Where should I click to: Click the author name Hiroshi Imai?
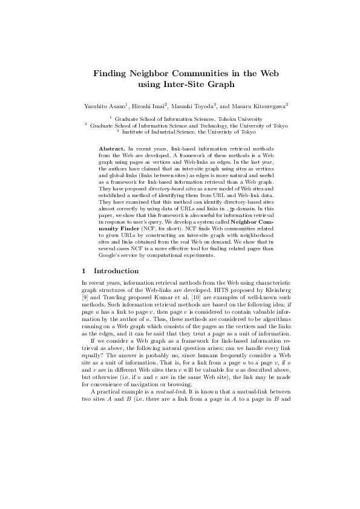pyautogui.click(x=151, y=105)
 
